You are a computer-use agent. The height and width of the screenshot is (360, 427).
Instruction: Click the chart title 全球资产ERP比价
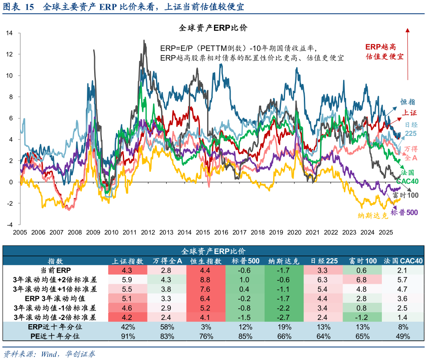(213, 28)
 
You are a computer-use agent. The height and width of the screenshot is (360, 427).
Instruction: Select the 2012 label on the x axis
(148, 233)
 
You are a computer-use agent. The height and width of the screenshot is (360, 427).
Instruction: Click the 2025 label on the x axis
(386, 233)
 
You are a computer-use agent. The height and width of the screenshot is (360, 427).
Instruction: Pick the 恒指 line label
(407, 102)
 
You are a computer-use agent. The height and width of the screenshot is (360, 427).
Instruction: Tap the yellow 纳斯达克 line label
(373, 216)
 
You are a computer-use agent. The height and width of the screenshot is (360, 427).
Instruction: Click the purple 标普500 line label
(404, 213)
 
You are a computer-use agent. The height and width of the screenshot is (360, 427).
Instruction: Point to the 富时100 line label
(405, 195)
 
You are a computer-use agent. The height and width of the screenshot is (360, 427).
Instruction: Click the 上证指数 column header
(128, 261)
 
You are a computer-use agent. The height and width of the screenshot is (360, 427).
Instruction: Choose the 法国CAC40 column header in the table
(403, 261)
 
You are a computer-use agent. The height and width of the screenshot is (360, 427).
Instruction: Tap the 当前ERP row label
(55, 270)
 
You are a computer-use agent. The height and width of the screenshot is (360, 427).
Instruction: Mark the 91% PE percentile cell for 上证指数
(128, 336)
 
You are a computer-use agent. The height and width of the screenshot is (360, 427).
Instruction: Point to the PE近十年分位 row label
(55, 336)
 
